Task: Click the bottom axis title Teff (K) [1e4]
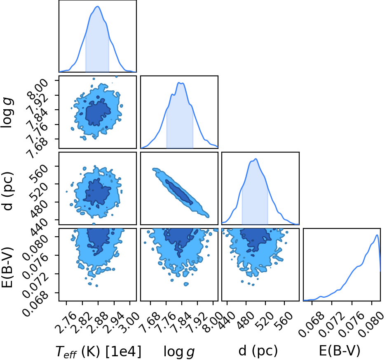point(99,351)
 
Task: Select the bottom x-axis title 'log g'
point(179,352)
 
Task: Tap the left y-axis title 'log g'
point(7,112)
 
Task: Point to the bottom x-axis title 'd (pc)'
point(258,351)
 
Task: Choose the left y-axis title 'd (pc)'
point(7,191)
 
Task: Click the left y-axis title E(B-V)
point(7,267)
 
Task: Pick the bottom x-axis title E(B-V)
point(340,351)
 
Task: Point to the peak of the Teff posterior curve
point(98,7)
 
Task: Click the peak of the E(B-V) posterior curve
point(377,235)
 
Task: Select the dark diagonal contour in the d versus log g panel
point(179,192)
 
